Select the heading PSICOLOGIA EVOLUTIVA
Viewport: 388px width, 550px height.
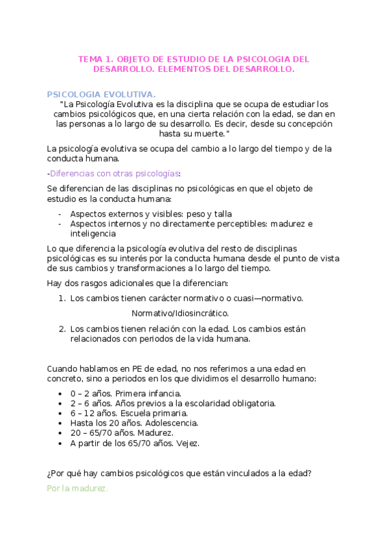(x=101, y=94)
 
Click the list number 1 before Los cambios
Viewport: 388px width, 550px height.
(x=62, y=298)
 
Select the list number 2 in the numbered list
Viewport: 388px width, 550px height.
(x=62, y=329)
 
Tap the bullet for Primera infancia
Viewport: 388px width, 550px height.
(x=60, y=394)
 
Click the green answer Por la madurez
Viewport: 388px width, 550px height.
(x=77, y=488)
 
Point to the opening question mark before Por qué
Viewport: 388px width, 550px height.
(x=49, y=473)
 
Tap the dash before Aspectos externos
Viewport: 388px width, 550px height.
(x=60, y=214)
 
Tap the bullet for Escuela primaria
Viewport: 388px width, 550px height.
(x=60, y=413)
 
